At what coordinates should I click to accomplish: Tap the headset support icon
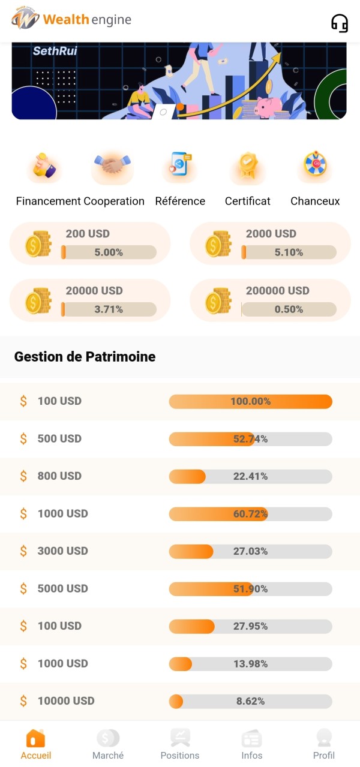(x=340, y=23)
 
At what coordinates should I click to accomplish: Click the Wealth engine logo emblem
(x=25, y=19)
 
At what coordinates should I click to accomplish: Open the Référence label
(x=180, y=201)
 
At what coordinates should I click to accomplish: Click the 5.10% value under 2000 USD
(x=289, y=252)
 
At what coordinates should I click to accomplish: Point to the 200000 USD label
(x=277, y=291)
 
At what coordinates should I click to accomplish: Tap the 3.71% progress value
(x=109, y=309)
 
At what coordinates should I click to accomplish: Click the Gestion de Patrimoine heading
(x=85, y=357)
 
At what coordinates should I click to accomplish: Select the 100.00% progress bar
(x=250, y=401)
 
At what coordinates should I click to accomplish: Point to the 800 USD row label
(x=59, y=476)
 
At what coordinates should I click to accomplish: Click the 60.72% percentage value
(x=250, y=514)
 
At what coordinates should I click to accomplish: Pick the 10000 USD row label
(x=66, y=701)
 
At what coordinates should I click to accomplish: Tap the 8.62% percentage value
(x=250, y=701)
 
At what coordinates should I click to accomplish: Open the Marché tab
(x=108, y=745)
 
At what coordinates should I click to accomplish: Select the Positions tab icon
(x=180, y=738)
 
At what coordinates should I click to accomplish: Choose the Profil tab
(x=324, y=745)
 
